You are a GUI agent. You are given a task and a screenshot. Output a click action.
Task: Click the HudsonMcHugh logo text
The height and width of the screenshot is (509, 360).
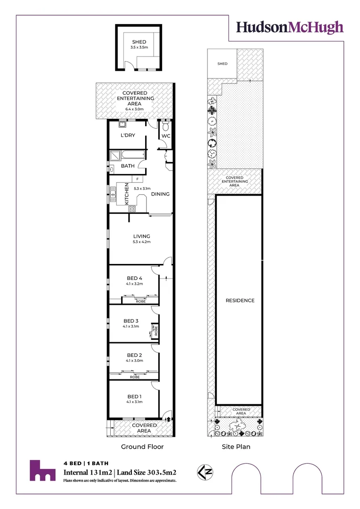pyautogui.click(x=290, y=28)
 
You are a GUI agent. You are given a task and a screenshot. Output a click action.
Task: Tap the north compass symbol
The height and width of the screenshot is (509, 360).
pyautogui.click(x=205, y=472)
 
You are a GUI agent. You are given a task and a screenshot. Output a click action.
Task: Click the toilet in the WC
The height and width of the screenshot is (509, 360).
pyautogui.click(x=165, y=126)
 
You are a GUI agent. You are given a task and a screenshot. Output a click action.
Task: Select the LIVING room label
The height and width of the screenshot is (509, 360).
pyautogui.click(x=141, y=236)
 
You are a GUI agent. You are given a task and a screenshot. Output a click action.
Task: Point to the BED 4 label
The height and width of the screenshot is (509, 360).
pyautogui.click(x=134, y=278)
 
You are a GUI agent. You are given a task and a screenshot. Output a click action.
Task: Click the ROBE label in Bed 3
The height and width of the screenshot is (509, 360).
pyautogui.click(x=156, y=330)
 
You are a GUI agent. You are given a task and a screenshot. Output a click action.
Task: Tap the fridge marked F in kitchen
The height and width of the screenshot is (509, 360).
pyautogui.click(x=137, y=179)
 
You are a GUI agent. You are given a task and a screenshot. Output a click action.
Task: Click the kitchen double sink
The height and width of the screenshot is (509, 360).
pyautogui.click(x=113, y=195)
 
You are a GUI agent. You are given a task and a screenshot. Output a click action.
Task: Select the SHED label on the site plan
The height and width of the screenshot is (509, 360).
pyautogui.click(x=222, y=64)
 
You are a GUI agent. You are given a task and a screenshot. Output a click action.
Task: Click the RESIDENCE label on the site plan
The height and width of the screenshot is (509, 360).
pyautogui.click(x=240, y=301)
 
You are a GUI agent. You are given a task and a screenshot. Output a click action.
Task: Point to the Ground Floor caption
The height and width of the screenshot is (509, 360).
pyautogui.click(x=142, y=447)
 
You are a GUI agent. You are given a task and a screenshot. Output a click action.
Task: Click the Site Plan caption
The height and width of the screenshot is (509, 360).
pyautogui.click(x=236, y=447)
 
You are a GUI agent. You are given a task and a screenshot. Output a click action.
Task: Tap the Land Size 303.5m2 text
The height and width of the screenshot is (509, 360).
pyautogui.click(x=147, y=473)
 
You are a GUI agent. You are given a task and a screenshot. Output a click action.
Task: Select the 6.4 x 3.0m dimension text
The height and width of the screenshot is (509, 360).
pyautogui.click(x=134, y=109)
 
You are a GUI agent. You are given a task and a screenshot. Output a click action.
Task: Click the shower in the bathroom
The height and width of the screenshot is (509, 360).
pyautogui.click(x=115, y=156)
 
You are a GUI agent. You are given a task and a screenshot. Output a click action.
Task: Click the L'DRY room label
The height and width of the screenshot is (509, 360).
pyautogui.click(x=128, y=135)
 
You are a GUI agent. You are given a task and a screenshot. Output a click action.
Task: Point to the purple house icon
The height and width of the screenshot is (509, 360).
pyautogui.click(x=42, y=470)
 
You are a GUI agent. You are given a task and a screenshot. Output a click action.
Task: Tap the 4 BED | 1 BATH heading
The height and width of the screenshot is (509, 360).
pyautogui.click(x=86, y=463)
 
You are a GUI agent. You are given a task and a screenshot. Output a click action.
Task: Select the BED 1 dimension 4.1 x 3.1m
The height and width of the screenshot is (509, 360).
pyautogui.click(x=134, y=402)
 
